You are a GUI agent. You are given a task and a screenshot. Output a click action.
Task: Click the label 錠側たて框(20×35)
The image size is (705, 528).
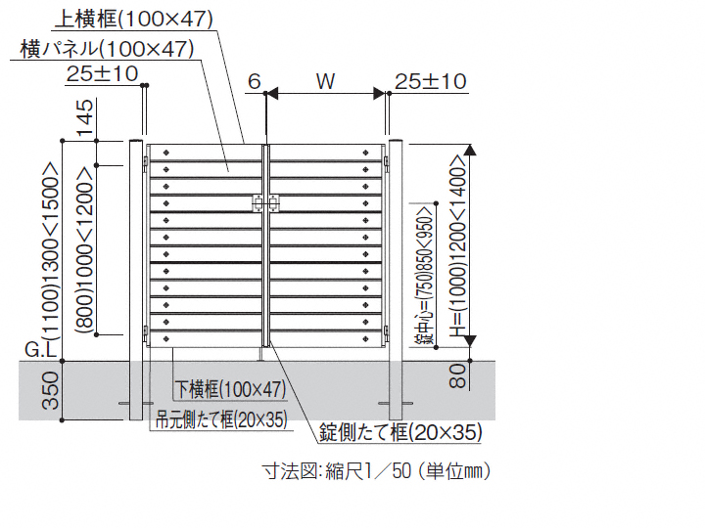tap(400, 430)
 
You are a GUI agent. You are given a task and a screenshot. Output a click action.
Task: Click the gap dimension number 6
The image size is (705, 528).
tap(254, 81)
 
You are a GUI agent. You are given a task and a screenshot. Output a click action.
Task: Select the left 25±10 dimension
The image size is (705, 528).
tap(102, 73)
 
